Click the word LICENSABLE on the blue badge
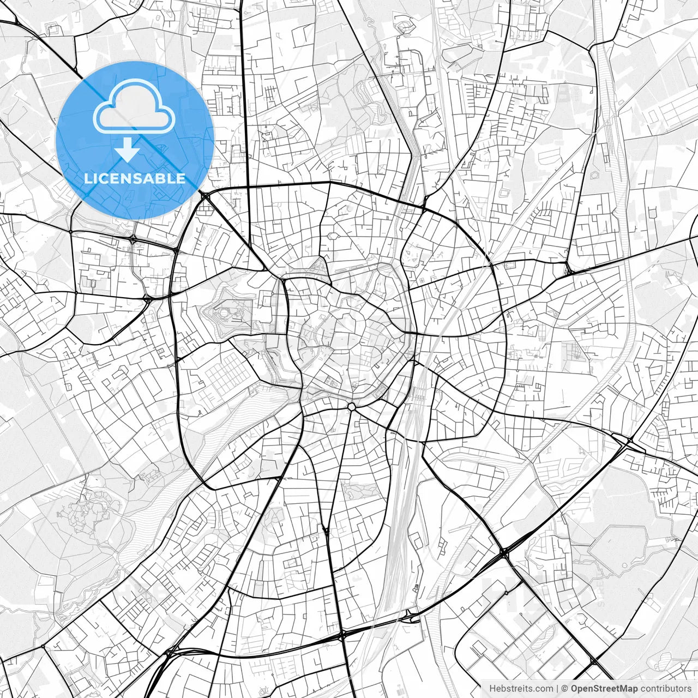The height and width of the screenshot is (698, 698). click(135, 178)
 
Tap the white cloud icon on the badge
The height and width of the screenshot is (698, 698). click(134, 106)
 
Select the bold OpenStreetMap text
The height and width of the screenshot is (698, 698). click(604, 689)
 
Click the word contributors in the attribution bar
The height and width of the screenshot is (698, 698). click(666, 689)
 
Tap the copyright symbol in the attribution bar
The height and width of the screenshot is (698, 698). click(565, 689)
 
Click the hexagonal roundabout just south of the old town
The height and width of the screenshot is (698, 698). click(352, 407)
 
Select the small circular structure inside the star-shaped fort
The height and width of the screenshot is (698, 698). click(225, 312)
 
